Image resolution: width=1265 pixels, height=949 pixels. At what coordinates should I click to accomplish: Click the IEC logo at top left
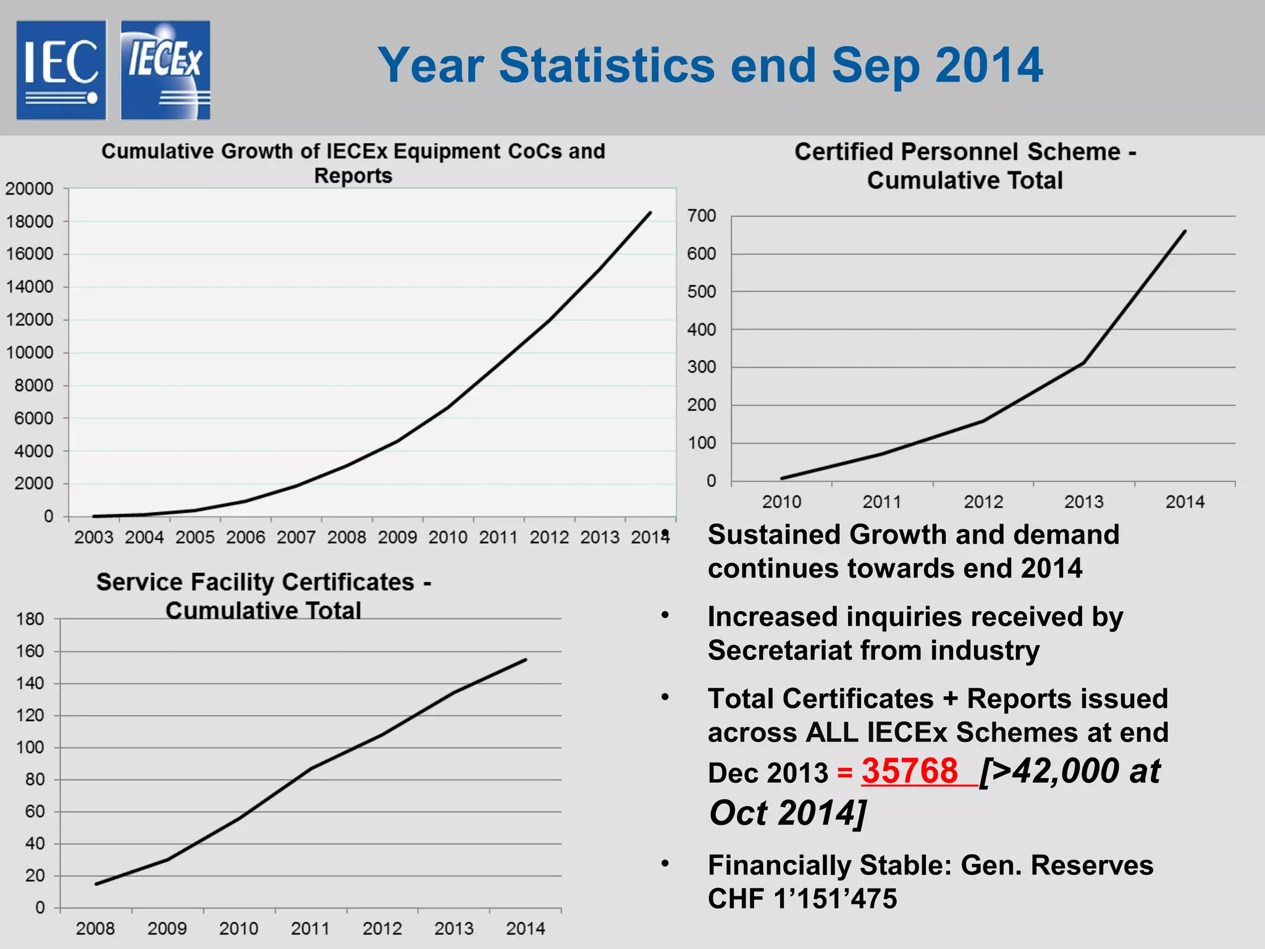tap(61, 70)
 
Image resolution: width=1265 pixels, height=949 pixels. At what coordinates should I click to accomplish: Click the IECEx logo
tap(165, 70)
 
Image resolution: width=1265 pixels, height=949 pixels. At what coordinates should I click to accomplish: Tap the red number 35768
tap(909, 771)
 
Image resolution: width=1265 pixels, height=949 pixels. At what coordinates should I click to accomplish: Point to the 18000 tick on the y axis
tap(30, 221)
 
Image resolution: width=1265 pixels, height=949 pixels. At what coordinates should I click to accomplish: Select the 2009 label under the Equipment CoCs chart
tap(397, 537)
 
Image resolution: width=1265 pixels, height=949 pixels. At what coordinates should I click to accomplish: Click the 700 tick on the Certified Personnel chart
tap(702, 216)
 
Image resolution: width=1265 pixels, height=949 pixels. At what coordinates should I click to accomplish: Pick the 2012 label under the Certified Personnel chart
tap(983, 502)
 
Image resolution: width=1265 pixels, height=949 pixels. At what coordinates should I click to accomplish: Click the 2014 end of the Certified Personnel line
tap(1185, 231)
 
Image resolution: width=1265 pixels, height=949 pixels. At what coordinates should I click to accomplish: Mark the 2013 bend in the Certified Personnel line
tap(1083, 363)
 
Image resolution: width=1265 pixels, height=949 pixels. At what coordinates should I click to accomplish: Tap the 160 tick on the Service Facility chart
tap(30, 651)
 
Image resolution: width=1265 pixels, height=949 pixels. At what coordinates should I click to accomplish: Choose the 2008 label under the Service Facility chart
tap(95, 928)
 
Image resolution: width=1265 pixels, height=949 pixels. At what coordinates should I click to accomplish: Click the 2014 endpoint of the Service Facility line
tap(526, 659)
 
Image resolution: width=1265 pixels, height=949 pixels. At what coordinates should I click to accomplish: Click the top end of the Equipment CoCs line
tap(650, 213)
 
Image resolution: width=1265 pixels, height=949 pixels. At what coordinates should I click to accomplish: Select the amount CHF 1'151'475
tap(802, 899)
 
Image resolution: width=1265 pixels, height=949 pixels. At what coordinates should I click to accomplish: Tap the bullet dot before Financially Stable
tap(665, 863)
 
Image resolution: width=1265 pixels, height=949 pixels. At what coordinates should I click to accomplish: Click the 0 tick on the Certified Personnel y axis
tap(711, 481)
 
